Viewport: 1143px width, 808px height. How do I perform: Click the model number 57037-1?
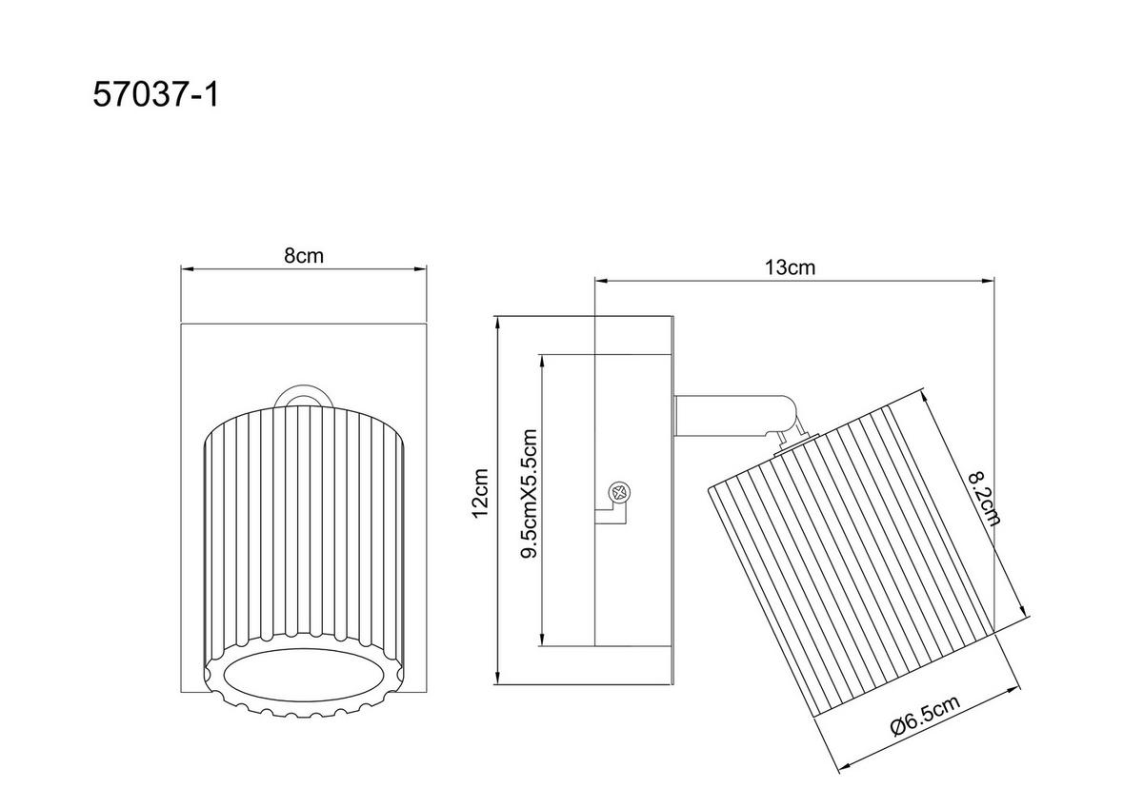[x=155, y=95]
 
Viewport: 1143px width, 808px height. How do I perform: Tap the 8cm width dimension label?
[x=304, y=255]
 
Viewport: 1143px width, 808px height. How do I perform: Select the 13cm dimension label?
[x=790, y=267]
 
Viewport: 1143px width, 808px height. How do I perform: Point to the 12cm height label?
[x=480, y=493]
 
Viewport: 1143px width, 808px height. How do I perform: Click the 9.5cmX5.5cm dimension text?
[x=530, y=494]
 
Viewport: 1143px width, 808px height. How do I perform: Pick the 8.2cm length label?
[x=985, y=498]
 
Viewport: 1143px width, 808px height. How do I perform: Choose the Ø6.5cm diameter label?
[x=926, y=715]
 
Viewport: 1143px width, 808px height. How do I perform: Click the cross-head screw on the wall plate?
[x=619, y=493]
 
